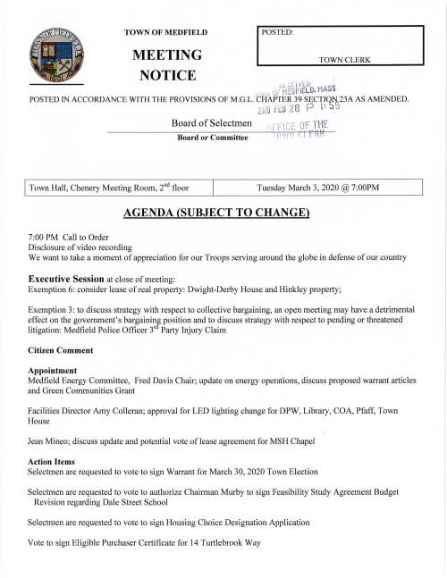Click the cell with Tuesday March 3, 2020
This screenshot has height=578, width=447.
coord(317,188)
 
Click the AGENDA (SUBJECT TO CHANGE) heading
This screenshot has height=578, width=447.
coord(223,215)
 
